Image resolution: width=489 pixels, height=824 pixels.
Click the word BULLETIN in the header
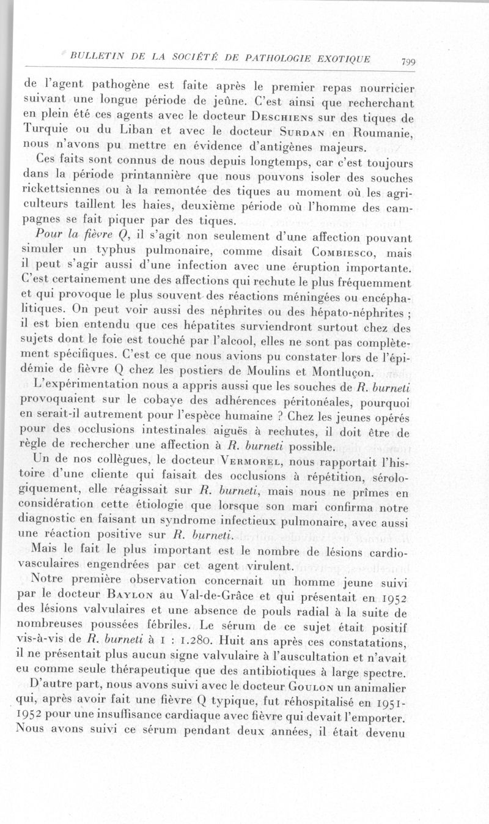(98, 57)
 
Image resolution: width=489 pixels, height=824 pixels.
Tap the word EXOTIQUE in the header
(347, 59)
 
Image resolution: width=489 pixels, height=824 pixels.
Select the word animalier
(383, 685)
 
